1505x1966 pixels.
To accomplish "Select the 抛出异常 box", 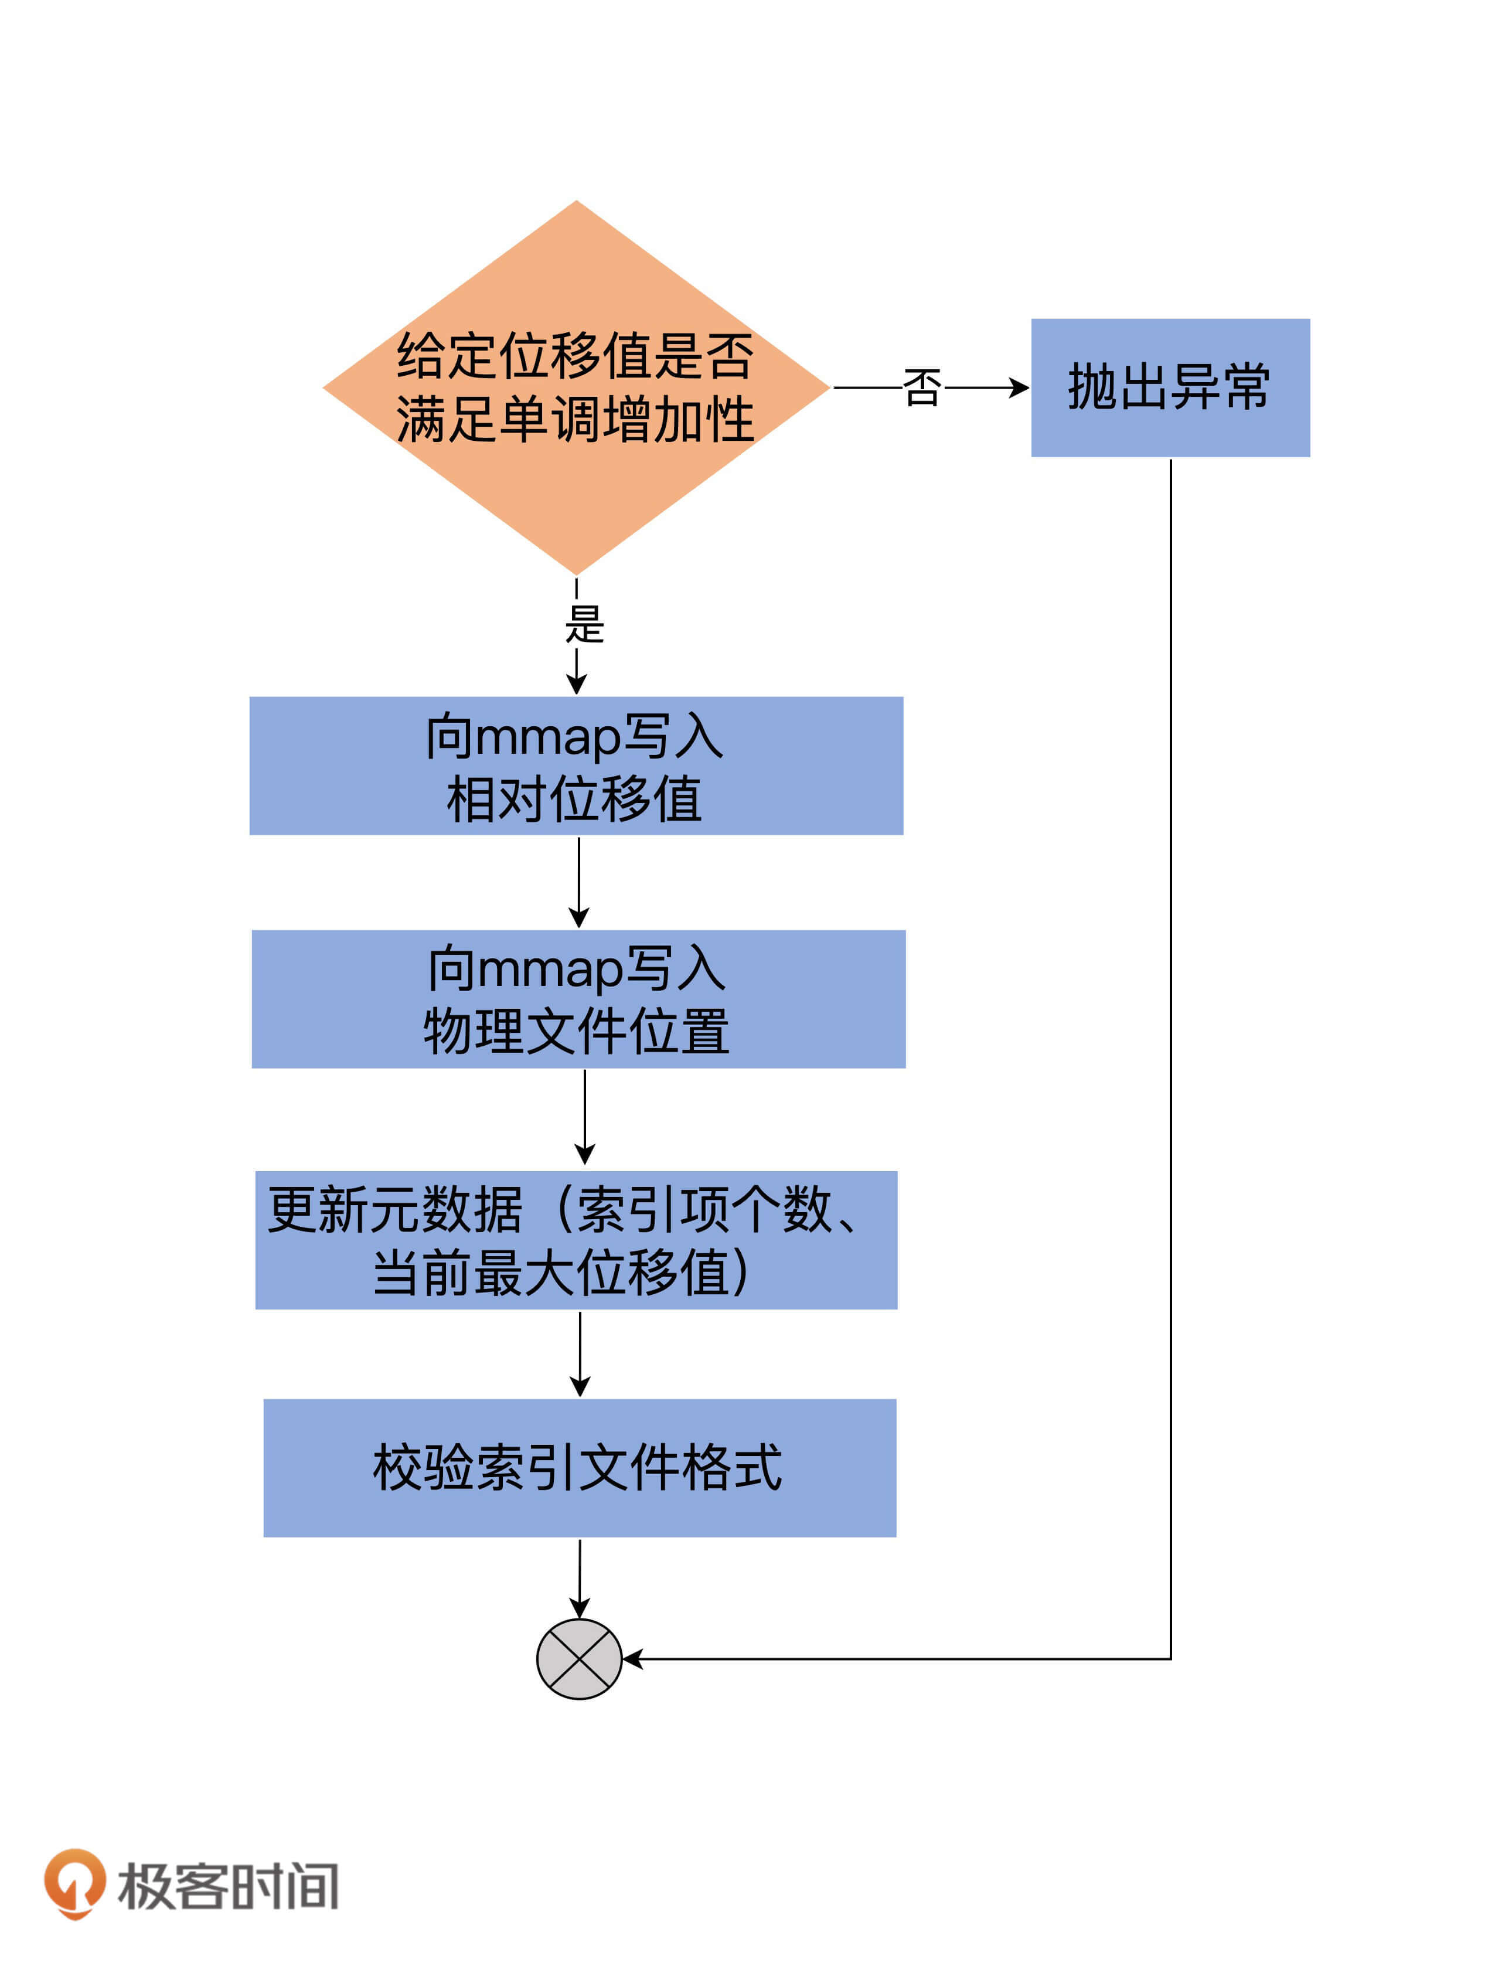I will click(1170, 387).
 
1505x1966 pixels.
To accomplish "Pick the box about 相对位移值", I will click(576, 766).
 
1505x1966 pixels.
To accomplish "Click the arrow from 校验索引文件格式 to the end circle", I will click(580, 1578).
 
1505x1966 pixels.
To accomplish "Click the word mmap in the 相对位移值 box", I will click(547, 737).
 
